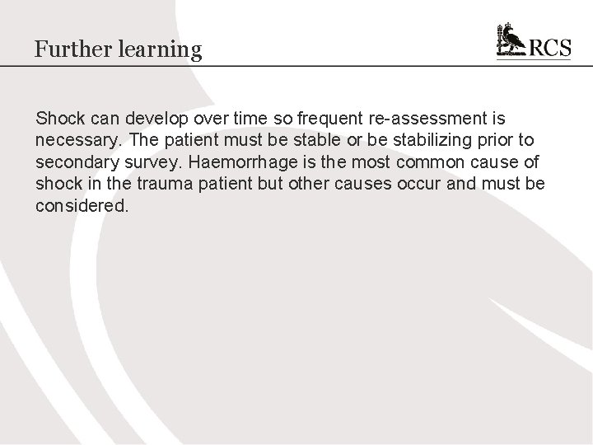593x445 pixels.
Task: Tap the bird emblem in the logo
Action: pyautogui.click(x=510, y=41)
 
